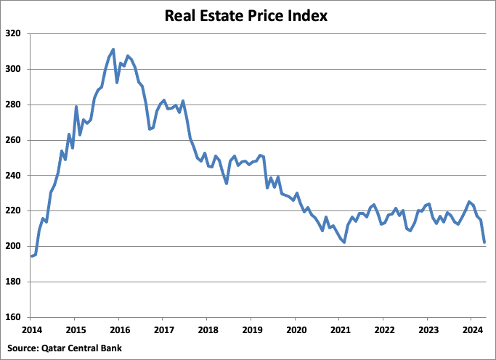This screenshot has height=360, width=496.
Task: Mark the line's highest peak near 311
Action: point(113,49)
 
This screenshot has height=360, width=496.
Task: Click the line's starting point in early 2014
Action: point(31,256)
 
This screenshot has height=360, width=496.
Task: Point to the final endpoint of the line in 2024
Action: point(484,242)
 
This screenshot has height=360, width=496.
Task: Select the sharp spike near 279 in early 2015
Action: point(76,107)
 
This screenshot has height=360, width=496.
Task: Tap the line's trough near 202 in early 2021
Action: point(344,242)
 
